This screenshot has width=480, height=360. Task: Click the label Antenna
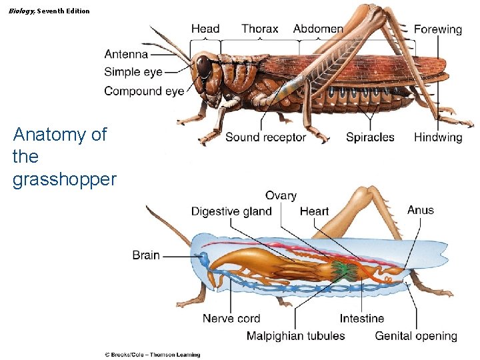pos(126,54)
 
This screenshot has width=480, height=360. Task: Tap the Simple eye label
pos(133,72)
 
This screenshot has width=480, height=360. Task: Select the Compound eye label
pos(144,91)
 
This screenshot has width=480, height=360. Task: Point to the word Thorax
pos(260,29)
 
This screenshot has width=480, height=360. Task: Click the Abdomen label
pos(318,29)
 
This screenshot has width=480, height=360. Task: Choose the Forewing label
pos(437,29)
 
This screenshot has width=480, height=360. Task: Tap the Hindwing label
pos(437,137)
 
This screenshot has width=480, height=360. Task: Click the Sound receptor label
pos(265,137)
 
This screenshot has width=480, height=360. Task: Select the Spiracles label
pos(370,137)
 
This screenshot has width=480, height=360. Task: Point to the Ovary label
pos(281,195)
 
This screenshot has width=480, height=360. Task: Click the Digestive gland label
pos(231,211)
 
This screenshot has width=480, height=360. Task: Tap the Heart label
pos(314,211)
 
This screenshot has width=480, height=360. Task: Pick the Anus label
pos(421,210)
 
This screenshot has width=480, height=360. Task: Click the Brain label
pos(146,255)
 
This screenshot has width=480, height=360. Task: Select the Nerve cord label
pos(231,319)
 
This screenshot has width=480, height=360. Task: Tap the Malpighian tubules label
pos(296,335)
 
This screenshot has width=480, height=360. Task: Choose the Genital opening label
pos(416,335)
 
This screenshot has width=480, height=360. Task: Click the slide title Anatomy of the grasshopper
pos(64,157)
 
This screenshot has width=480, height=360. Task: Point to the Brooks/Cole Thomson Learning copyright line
pos(152,355)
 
